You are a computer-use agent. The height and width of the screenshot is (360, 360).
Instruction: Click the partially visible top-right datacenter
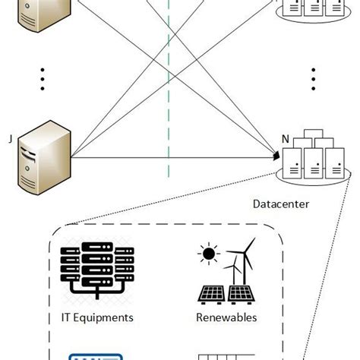coord(311,11)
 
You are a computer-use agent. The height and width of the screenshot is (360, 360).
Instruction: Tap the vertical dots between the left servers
coord(43,78)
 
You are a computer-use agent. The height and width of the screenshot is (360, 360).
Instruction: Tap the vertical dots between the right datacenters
coord(313,78)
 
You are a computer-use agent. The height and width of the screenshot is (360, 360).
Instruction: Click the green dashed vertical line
coord(169,91)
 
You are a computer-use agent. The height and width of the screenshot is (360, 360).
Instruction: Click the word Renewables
coord(226,317)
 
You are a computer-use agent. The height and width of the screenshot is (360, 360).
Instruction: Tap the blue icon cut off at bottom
coord(91,355)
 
